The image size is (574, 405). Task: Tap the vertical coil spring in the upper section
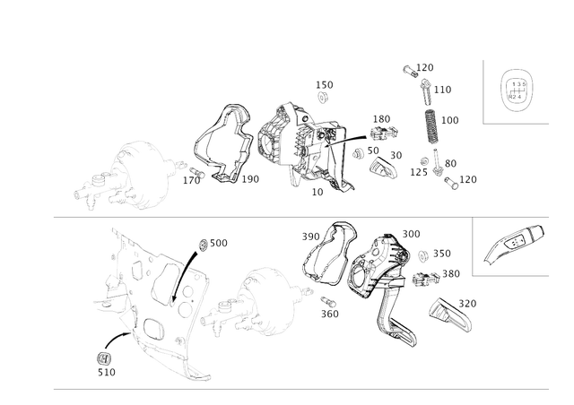(431, 126)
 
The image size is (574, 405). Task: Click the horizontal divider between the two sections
(269, 218)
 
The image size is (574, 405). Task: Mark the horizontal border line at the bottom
(269, 389)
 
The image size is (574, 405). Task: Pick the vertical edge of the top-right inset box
(484, 90)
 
